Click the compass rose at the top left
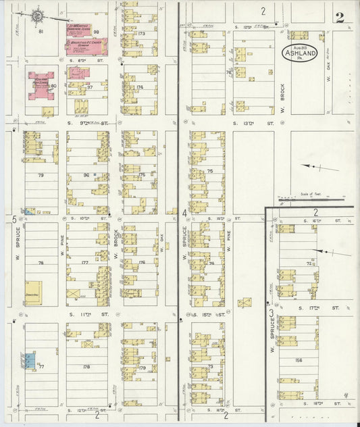point(37,14)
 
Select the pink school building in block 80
point(42,87)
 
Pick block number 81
point(41,32)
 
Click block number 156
point(299,360)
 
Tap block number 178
point(86,367)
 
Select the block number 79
point(41,176)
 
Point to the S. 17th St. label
point(325,307)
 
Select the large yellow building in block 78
point(34,293)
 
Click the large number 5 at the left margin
point(14,219)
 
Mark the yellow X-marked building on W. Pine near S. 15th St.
point(245,302)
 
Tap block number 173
point(140,33)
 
